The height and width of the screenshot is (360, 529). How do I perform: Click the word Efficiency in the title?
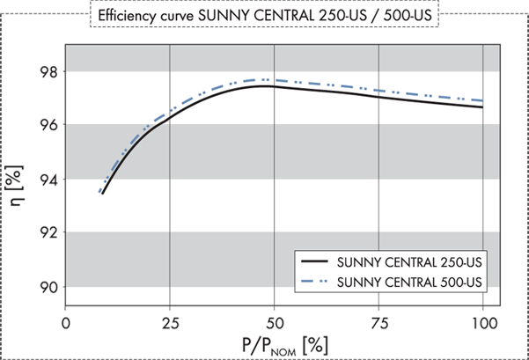pos(130,16)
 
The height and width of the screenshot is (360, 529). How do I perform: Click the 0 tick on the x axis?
pos(65,322)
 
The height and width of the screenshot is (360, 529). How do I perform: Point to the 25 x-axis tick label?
pos(171,322)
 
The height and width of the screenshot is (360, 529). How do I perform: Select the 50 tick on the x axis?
pos(276,322)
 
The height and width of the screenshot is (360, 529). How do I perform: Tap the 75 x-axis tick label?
pos(380,322)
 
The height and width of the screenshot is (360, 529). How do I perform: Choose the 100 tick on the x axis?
pos(482,322)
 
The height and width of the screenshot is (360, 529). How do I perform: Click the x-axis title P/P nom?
pos(277,343)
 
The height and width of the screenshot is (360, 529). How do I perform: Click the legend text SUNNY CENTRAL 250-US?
pos(409,261)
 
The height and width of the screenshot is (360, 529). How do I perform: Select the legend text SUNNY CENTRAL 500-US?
pos(409,282)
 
